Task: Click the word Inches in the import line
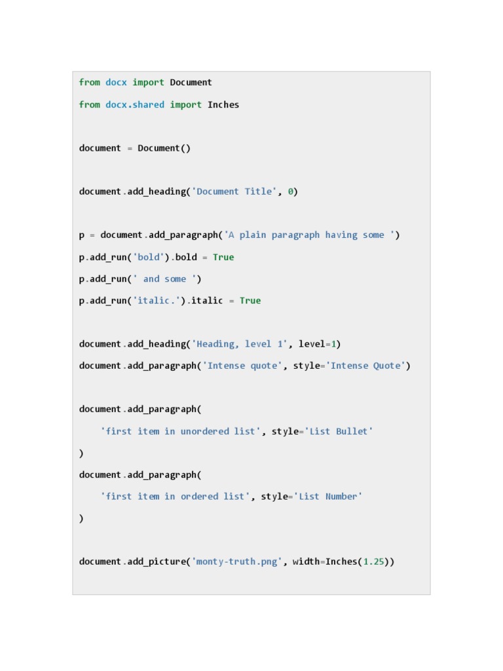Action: [223, 105]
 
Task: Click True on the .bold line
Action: [223, 258]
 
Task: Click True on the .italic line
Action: [250, 301]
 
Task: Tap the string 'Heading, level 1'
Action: [239, 344]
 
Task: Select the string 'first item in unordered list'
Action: [181, 431]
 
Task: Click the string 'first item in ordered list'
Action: [175, 497]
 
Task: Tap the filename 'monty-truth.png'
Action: [236, 562]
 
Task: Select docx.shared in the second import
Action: [135, 105]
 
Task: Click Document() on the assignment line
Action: [164, 148]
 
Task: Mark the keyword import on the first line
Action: [148, 83]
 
